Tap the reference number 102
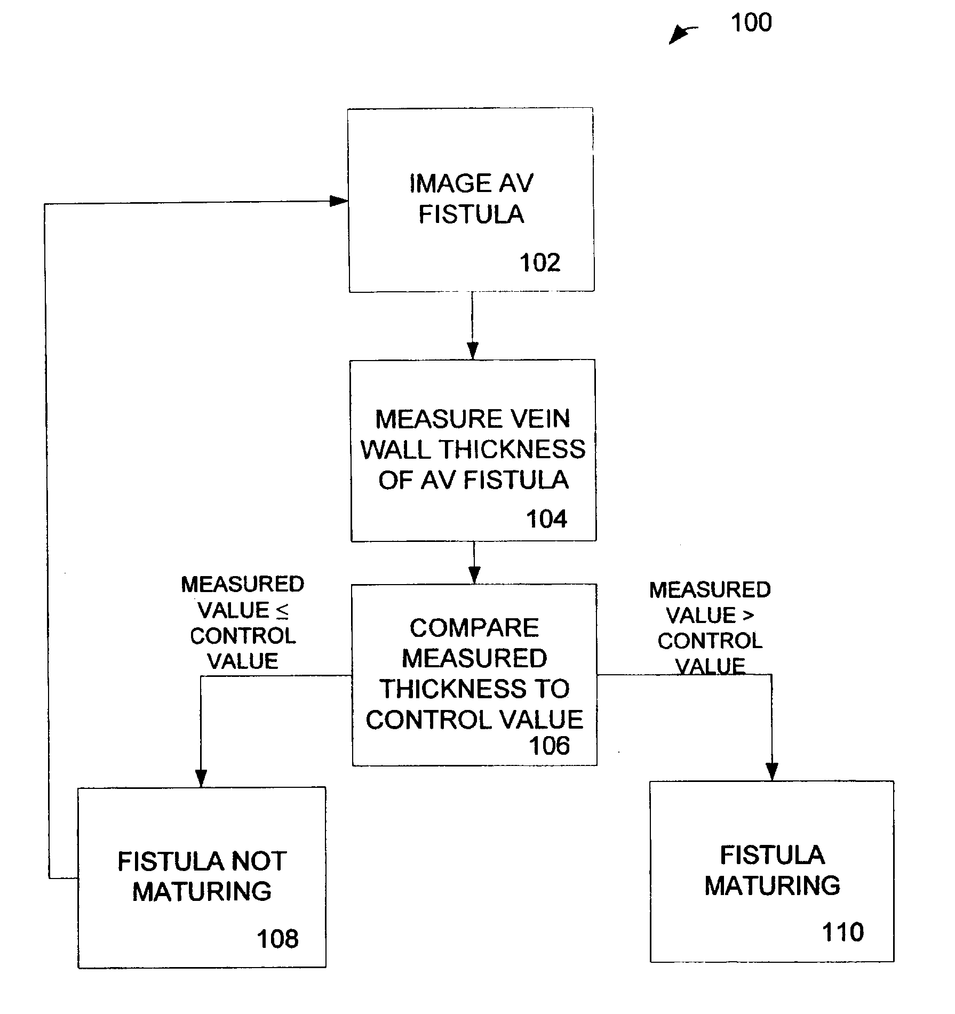540,263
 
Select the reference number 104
546,519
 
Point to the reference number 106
549,745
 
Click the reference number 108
277,939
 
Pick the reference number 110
842,932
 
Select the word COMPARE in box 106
474,628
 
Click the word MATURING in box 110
772,886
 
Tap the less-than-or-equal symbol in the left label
282,611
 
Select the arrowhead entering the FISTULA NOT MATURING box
201,779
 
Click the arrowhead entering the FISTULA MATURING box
771,772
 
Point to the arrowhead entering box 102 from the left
338,201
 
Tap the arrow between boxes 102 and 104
472,325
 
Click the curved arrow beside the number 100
682,34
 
